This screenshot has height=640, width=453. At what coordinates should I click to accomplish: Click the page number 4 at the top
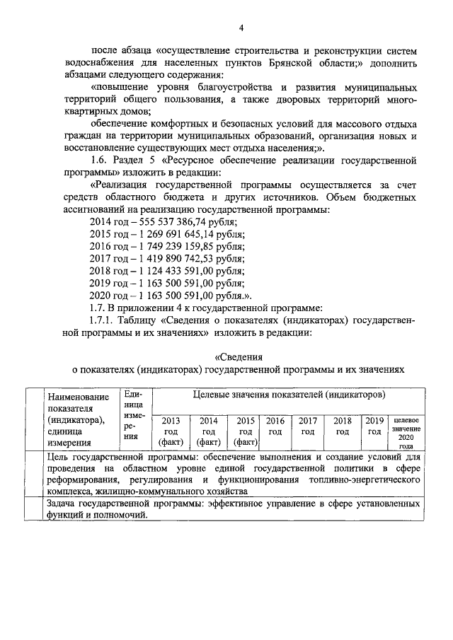[241, 28]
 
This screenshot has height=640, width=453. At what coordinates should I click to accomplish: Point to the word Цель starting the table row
[59, 458]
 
